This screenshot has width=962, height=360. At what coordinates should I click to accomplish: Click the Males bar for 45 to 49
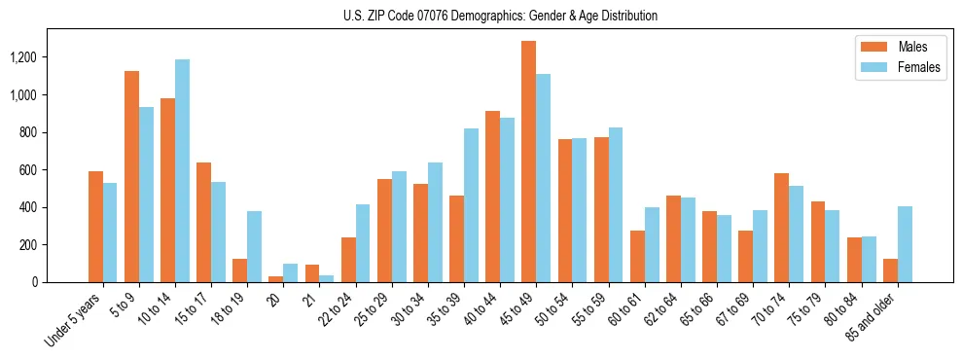coord(528,162)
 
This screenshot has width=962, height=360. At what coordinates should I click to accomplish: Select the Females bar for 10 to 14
coord(182,171)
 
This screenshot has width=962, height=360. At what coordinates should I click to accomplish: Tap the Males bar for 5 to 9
coord(131,177)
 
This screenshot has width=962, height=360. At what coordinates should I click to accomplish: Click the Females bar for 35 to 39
coord(471,205)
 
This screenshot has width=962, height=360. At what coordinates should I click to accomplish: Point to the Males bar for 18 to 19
coord(239,270)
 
